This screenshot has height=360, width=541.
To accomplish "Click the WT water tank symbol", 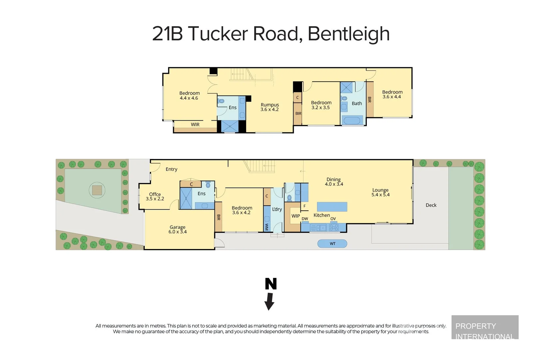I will coord(332,244).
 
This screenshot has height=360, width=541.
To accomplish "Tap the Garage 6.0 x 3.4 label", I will coord(178,229).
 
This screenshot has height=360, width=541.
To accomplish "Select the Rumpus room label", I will coord(270,107).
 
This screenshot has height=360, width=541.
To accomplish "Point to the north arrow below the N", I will coord(269,301).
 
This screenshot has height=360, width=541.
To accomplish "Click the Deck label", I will coord(431,205).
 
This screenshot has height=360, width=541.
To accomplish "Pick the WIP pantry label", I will coord(295,216).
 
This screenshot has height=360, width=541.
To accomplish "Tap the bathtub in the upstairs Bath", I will coord(352,120).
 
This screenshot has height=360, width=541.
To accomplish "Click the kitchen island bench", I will coord(332,207).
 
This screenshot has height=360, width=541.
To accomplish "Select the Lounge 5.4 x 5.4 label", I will coord(380,192).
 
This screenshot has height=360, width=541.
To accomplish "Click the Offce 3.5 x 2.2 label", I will coord(155,196).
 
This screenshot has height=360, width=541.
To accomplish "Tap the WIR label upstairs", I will coord(195,124).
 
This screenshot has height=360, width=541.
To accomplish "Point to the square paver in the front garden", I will coord(97,190).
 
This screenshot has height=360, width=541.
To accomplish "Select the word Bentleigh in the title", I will coord(348,34).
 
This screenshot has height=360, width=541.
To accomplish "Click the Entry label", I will coord(172,169).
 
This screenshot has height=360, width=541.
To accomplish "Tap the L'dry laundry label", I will coord(277,209).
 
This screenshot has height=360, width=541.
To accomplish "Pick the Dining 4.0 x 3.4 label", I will coord(334,182).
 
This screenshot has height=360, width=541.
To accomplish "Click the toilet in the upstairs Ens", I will coord(221,101).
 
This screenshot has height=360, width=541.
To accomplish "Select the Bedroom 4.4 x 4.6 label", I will coord(189,96).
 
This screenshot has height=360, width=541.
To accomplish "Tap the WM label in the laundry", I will coord(267,227).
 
